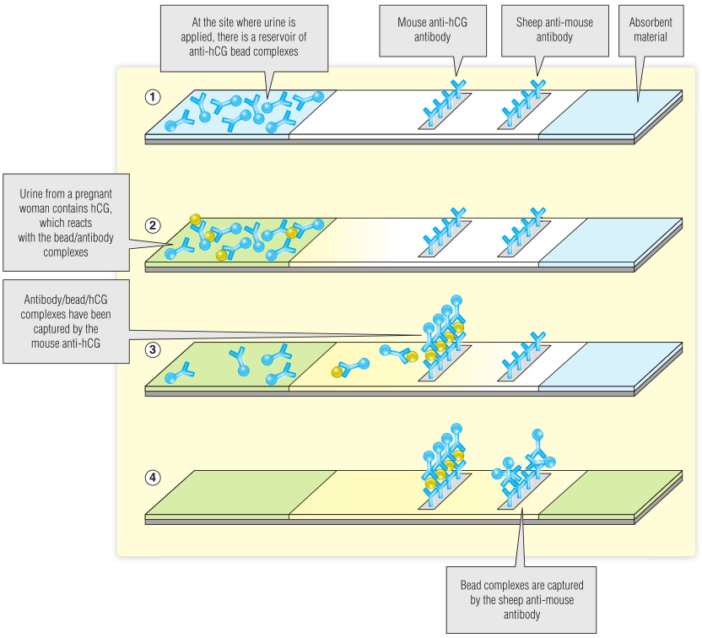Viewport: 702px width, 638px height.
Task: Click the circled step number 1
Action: (x=153, y=96)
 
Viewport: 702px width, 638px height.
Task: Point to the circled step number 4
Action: (x=153, y=478)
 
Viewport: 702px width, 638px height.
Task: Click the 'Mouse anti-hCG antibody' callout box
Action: (x=432, y=30)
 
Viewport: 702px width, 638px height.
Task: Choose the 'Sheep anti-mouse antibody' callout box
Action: (x=544, y=30)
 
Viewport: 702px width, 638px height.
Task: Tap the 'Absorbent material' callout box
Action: (x=650, y=30)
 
